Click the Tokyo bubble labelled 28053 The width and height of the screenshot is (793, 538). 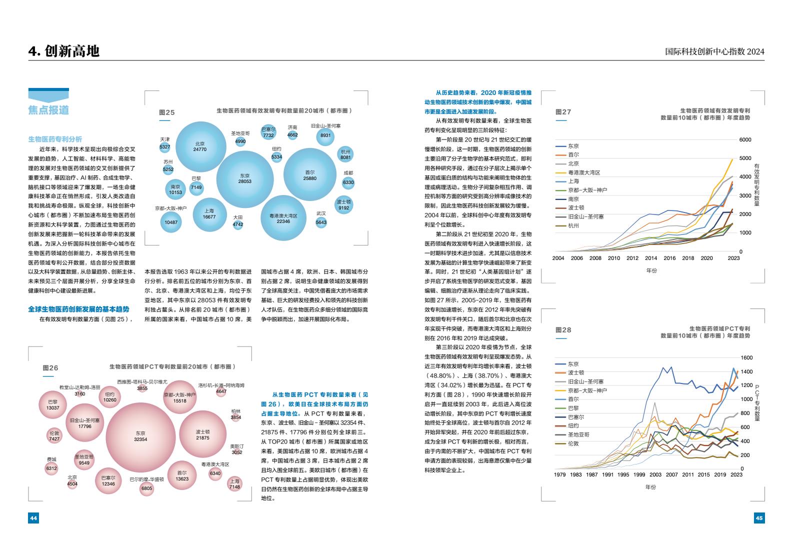point(245,178)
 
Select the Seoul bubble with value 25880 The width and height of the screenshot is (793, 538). point(309,175)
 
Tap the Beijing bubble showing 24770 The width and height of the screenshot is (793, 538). point(200,146)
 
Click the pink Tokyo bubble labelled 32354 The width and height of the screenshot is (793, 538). point(140,436)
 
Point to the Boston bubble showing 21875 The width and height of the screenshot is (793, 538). point(202,434)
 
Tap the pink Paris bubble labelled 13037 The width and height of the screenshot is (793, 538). point(52,405)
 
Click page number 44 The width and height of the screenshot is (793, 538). point(33,518)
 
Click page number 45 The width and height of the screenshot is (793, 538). point(759,518)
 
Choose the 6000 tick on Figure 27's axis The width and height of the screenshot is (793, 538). point(745,140)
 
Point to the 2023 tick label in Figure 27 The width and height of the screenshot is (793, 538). point(733,258)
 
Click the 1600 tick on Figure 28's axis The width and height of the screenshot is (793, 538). point(746,358)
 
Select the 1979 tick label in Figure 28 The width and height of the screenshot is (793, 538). point(560,474)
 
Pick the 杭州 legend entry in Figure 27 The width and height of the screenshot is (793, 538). point(573,226)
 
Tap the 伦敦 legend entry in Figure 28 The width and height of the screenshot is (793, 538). point(573,443)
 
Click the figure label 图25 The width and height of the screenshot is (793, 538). point(167,112)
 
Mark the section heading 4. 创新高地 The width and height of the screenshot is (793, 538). point(64,51)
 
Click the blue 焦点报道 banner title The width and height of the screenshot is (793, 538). point(48,110)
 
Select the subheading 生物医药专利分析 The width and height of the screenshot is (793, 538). point(55,139)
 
